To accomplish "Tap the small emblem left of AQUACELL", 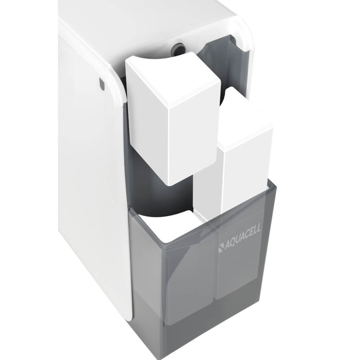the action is click(x=221, y=249).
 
